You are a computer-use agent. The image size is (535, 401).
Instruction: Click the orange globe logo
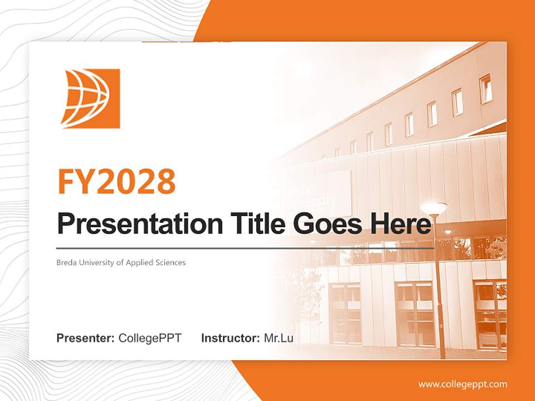pos(91,99)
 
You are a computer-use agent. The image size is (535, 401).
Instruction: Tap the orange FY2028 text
pos(116,181)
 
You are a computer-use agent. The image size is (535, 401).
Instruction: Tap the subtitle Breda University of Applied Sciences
pos(121,262)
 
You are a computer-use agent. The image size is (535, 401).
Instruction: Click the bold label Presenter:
pos(86,338)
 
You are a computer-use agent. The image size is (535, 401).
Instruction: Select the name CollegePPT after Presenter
pos(150,338)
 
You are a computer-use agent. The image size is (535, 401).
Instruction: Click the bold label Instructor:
pos(230,338)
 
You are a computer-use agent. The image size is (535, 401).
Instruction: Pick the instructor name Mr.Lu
pos(279,338)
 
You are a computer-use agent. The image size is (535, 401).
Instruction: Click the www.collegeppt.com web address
pos(463,384)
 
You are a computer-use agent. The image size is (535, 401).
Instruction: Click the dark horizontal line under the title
pos(245,248)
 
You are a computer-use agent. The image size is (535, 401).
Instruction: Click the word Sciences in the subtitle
pos(171,262)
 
